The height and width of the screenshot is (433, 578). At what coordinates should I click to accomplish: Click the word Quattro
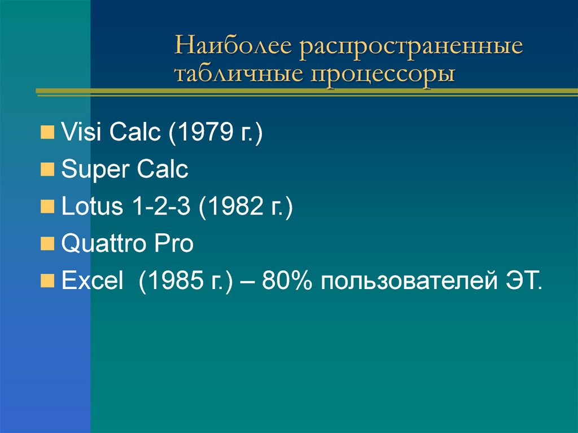pos(100,243)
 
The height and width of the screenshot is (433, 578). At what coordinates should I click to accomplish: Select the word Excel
pos(92,280)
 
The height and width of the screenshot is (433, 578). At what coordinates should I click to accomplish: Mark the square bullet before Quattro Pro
pos(49,244)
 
